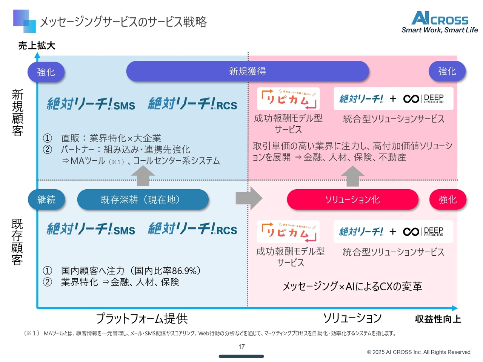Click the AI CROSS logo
click(x=440, y=18)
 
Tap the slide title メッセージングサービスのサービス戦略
click(x=123, y=22)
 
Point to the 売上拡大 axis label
click(x=37, y=46)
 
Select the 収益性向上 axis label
click(x=438, y=319)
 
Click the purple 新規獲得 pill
click(x=247, y=71)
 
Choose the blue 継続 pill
click(x=46, y=199)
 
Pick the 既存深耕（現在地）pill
click(x=143, y=199)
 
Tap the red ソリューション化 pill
click(x=352, y=199)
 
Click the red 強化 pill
click(x=448, y=199)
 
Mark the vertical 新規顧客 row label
click(x=17, y=112)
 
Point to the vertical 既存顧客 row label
click(x=17, y=242)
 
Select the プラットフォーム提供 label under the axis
click(x=142, y=319)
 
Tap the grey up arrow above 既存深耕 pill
click(x=143, y=176)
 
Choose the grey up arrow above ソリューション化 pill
click(x=352, y=176)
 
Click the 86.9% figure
click(x=184, y=271)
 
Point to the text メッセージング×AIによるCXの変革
click(x=352, y=287)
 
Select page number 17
click(x=241, y=347)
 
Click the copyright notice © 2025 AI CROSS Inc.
click(x=418, y=352)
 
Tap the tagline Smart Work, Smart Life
click(x=440, y=30)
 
